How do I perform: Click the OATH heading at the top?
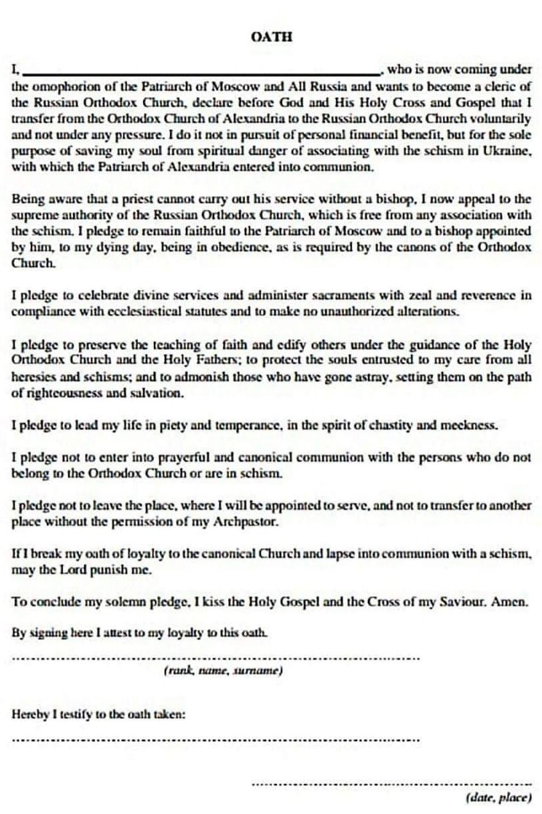pos(271,37)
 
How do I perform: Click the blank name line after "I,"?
pos(201,71)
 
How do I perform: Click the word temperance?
pos(252,425)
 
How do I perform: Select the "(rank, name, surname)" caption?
pos(223,670)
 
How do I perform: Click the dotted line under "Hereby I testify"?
pos(216,740)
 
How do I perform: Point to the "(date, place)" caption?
pos(498,797)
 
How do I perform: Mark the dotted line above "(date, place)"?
pos(391,783)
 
